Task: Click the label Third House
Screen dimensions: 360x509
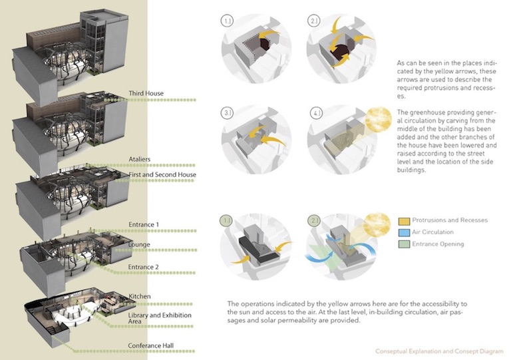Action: coord(146,93)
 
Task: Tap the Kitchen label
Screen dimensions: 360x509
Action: coord(140,296)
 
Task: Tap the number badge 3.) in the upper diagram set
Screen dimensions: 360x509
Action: coord(228,114)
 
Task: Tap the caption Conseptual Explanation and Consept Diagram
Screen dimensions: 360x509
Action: coord(440,351)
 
